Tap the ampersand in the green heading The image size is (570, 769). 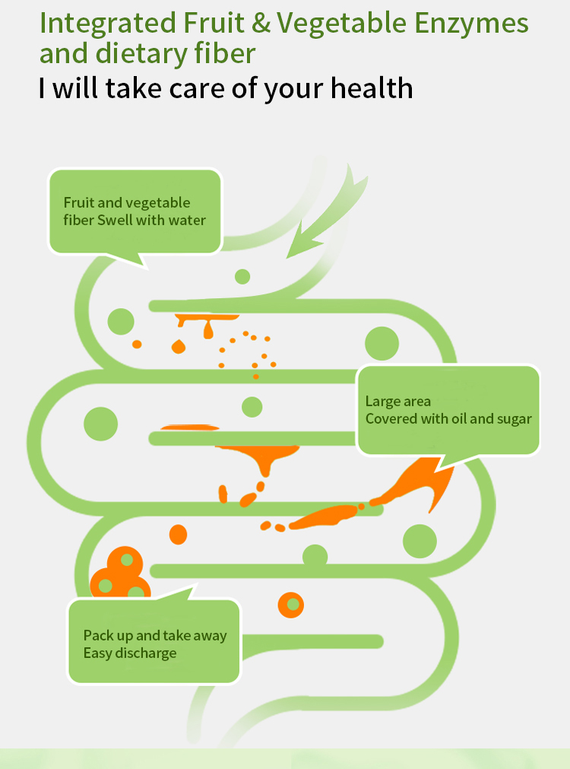(261, 24)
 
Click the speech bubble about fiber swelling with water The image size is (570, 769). (135, 211)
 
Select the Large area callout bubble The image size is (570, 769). (448, 410)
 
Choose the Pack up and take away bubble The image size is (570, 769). (154, 641)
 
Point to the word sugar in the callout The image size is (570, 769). (515, 419)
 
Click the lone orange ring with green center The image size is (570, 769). (291, 605)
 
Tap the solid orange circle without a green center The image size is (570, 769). (178, 534)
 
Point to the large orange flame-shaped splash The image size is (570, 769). (414, 483)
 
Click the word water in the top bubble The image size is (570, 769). (188, 221)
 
